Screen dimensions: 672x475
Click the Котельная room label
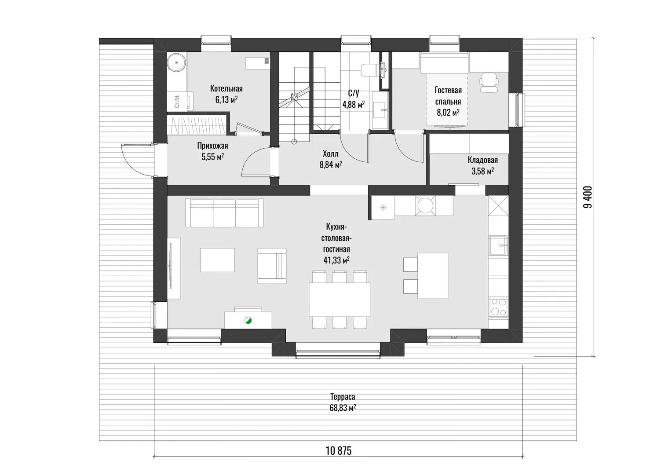pyautogui.click(x=226, y=88)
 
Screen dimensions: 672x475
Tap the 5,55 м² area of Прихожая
pyautogui.click(x=213, y=157)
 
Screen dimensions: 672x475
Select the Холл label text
pyautogui.click(x=331, y=154)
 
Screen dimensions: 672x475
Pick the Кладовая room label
pyautogui.click(x=483, y=160)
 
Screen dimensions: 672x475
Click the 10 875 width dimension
pyautogui.click(x=338, y=451)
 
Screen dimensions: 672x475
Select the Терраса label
pyautogui.click(x=343, y=397)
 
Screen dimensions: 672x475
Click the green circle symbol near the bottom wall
pyautogui.click(x=248, y=321)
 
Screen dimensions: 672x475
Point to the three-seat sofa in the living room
pyautogui.click(x=224, y=212)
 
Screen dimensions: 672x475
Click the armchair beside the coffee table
pyautogui.click(x=272, y=266)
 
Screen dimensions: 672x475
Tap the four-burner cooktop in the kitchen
pyautogui.click(x=498, y=307)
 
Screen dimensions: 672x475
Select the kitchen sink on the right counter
pyautogui.click(x=498, y=245)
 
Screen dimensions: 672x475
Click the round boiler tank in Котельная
pyautogui.click(x=176, y=63)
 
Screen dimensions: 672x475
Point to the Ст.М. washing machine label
pyautogui.click(x=177, y=102)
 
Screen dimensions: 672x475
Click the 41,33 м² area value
pyautogui.click(x=336, y=260)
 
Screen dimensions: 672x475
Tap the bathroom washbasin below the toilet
pyautogui.click(x=380, y=110)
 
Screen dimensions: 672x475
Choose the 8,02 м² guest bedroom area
pyautogui.click(x=448, y=113)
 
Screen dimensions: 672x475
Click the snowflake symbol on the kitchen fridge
pyautogui.click(x=383, y=207)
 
